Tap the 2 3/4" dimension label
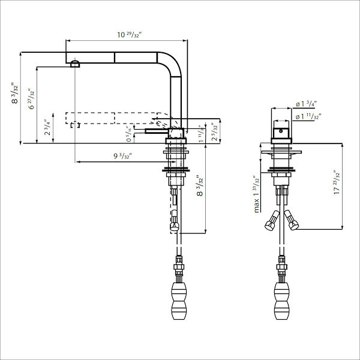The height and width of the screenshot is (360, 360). (x=47, y=129)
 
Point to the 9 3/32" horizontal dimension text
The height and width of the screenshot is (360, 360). (x=123, y=157)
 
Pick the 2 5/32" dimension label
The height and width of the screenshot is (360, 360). (x=215, y=131)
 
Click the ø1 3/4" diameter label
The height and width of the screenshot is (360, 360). (x=306, y=103)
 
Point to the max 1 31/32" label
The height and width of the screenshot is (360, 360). (x=256, y=194)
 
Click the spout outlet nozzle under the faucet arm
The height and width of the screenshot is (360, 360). (x=74, y=64)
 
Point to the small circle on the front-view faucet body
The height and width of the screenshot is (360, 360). (x=280, y=128)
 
